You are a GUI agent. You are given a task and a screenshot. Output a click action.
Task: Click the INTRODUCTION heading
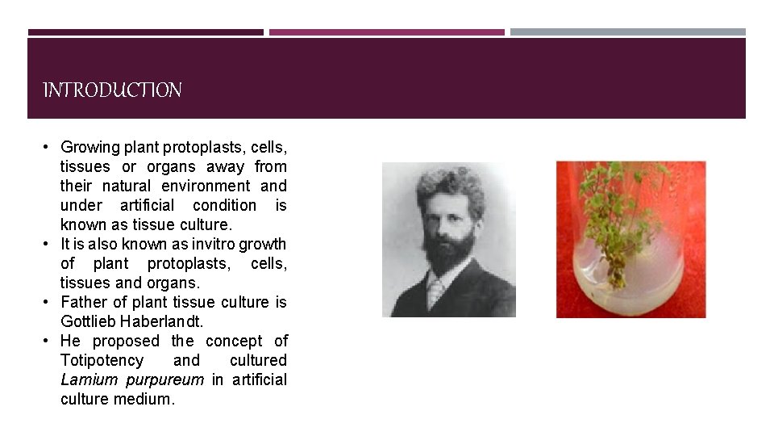point(112,90)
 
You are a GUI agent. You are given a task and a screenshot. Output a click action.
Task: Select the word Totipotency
point(102,360)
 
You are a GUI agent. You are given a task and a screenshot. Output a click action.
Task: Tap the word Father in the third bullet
point(84,302)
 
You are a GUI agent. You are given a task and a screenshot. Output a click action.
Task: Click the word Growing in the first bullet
point(89,147)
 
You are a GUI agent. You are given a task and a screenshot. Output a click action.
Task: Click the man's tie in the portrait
point(436,291)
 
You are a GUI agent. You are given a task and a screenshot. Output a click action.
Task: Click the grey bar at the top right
point(627,32)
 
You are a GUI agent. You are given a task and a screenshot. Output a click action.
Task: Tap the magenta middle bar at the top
point(386,32)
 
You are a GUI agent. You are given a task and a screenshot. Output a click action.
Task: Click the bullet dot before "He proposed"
point(48,341)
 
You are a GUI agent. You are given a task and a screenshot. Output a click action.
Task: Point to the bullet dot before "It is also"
point(48,244)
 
